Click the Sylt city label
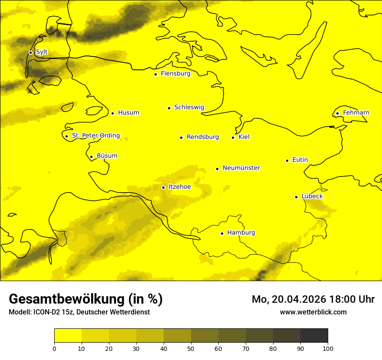click(42, 52)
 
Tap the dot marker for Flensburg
click(155, 74)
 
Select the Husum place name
click(128, 113)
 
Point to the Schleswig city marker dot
click(169, 108)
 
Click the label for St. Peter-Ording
click(95, 136)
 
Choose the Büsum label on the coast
click(107, 156)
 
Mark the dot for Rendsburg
click(181, 137)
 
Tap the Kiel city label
click(244, 137)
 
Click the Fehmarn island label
click(356, 113)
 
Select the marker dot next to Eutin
click(287, 160)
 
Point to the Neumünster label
click(241, 168)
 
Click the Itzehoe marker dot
click(163, 187)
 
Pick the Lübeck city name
click(312, 196)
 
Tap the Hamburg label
click(241, 233)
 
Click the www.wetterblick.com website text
click(313, 312)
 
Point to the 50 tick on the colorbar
click(191, 348)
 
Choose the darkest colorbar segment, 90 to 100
click(314, 335)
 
